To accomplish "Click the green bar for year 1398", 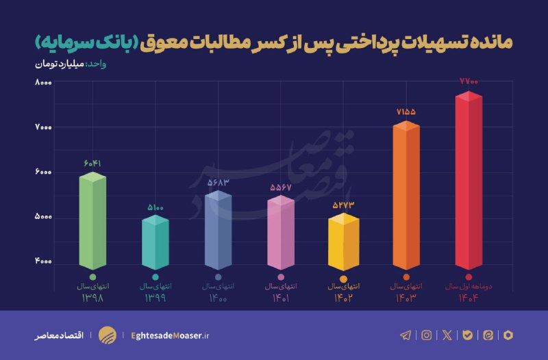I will click(92, 222).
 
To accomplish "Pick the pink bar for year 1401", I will click(279, 234).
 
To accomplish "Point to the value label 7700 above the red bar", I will click(469, 81).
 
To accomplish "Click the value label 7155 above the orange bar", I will click(406, 111).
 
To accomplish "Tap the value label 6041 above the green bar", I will click(92, 164).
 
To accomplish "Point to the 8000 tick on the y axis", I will click(44, 83).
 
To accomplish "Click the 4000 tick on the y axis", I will click(44, 263).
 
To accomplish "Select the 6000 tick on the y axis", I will click(44, 172).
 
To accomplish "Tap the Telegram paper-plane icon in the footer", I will click(406, 335).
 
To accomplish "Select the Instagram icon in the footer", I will click(427, 335).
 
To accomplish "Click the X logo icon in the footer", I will click(447, 335).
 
